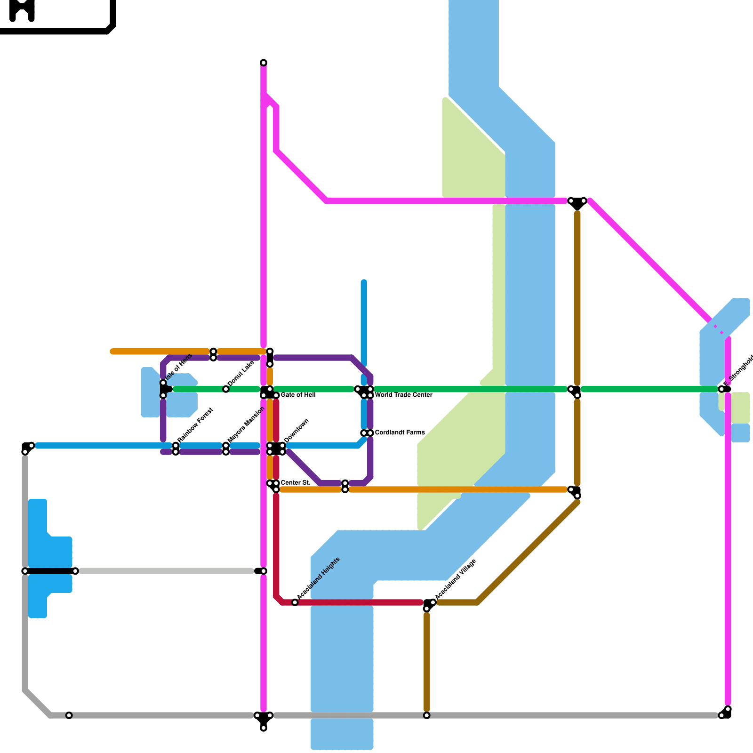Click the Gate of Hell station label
[x=298, y=395]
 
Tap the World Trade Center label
[x=403, y=395]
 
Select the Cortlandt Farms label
[x=400, y=433]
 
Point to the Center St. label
[x=295, y=483]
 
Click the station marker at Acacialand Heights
[x=295, y=602]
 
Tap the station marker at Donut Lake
[x=226, y=389]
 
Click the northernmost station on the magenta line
[x=264, y=63]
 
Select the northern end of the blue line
[x=364, y=282]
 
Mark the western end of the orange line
[x=112, y=352]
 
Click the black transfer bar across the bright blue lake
[x=50, y=571]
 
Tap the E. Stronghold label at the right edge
[x=739, y=369]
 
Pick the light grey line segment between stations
[x=165, y=571]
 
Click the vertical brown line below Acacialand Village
[x=427, y=659]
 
